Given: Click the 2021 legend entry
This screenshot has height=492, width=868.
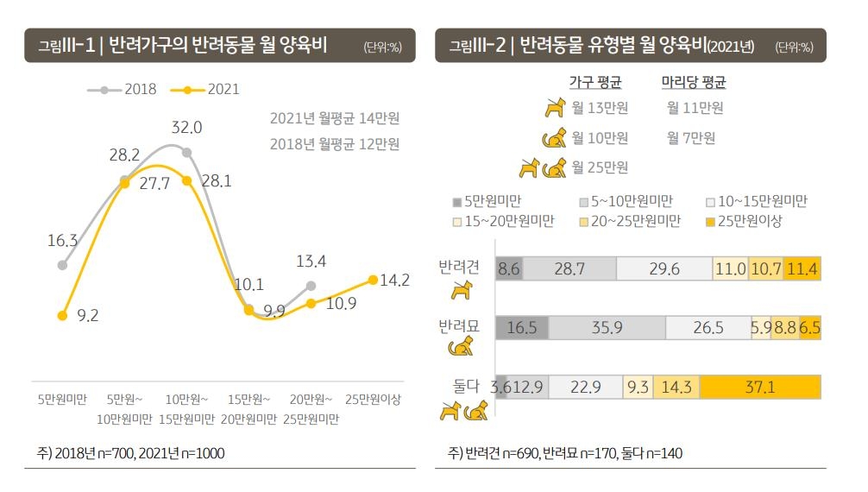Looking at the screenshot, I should point(206,89).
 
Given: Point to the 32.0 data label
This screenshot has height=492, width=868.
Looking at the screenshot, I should point(186,128).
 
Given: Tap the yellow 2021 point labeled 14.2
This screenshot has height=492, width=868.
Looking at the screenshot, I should point(373,280).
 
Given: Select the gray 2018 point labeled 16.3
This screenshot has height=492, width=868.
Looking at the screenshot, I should point(62,265).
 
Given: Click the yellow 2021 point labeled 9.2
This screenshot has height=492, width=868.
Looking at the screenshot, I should point(62,316).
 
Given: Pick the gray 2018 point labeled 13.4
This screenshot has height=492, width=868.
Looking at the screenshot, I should point(311,285).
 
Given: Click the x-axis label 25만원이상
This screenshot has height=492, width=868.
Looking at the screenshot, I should point(373,400).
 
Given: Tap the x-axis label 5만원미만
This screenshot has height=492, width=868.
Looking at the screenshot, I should point(62,400).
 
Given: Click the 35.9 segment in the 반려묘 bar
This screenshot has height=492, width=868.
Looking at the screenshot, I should point(607,328).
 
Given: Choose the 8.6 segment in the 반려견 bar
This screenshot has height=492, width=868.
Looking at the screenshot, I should point(508,269).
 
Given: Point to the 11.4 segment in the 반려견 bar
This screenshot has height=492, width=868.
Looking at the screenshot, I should point(802,269).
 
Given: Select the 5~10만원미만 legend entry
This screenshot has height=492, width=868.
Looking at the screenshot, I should point(626,202).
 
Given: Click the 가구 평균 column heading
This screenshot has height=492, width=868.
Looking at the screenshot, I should point(594,83).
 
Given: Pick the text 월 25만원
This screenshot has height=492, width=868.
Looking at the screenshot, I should point(599,167).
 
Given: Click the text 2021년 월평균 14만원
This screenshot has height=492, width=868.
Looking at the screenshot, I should point(334,117).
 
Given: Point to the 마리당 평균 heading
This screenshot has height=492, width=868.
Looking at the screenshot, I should point(693,83).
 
